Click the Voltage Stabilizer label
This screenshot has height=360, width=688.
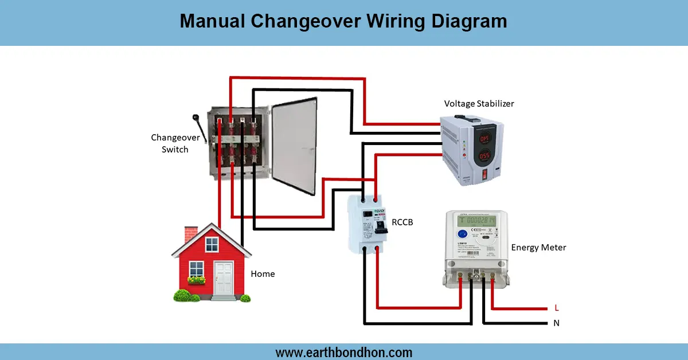tap(479, 104)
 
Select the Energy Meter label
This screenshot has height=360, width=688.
tap(538, 248)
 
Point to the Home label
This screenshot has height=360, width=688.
tap(263, 274)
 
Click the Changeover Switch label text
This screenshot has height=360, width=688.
tap(175, 143)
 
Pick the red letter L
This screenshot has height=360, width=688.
tap(556, 308)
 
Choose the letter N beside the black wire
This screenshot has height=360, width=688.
tap(556, 323)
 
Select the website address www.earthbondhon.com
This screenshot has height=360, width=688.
tap(344, 352)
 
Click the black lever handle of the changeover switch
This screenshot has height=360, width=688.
tap(197, 121)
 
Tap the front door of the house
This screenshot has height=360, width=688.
tap(224, 278)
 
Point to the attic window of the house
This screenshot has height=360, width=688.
tap(212, 245)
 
